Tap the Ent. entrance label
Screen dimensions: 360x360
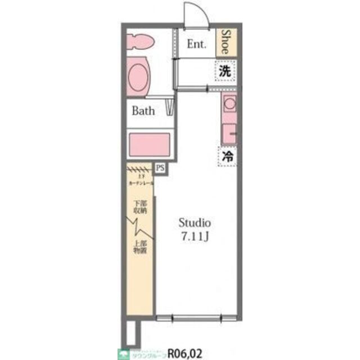(197, 43)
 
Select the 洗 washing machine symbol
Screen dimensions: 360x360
(225, 71)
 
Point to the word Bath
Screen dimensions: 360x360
(143, 111)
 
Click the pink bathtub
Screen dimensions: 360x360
(150, 145)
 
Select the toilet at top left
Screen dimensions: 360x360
(141, 42)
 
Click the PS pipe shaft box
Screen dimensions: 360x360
(160, 168)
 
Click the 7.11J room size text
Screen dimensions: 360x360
(195, 235)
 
